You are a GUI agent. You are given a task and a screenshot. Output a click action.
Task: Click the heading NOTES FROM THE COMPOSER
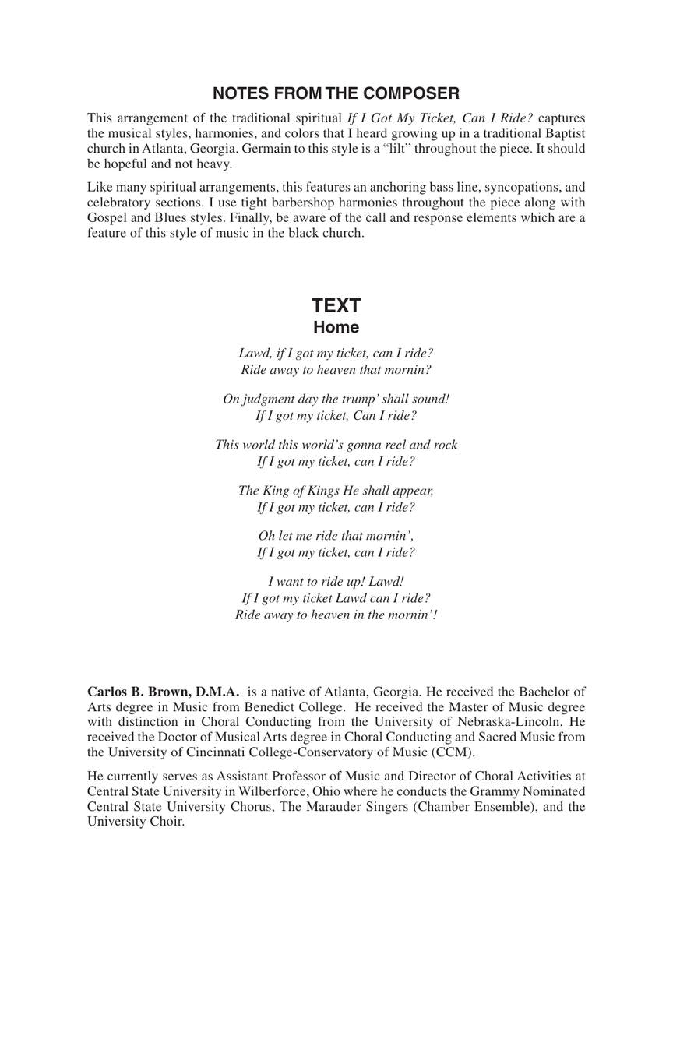336,93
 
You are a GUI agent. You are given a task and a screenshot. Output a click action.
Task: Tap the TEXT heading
336,305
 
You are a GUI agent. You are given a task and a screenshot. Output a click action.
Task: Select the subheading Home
336,327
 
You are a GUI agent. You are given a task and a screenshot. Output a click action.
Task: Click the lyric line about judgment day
336,399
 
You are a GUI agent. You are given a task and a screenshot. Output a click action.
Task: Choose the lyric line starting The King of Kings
336,491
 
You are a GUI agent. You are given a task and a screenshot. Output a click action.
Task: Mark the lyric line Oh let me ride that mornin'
336,536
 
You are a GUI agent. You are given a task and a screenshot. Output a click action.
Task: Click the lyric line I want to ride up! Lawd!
336,582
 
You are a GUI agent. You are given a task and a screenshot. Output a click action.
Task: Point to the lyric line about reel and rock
336,445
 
